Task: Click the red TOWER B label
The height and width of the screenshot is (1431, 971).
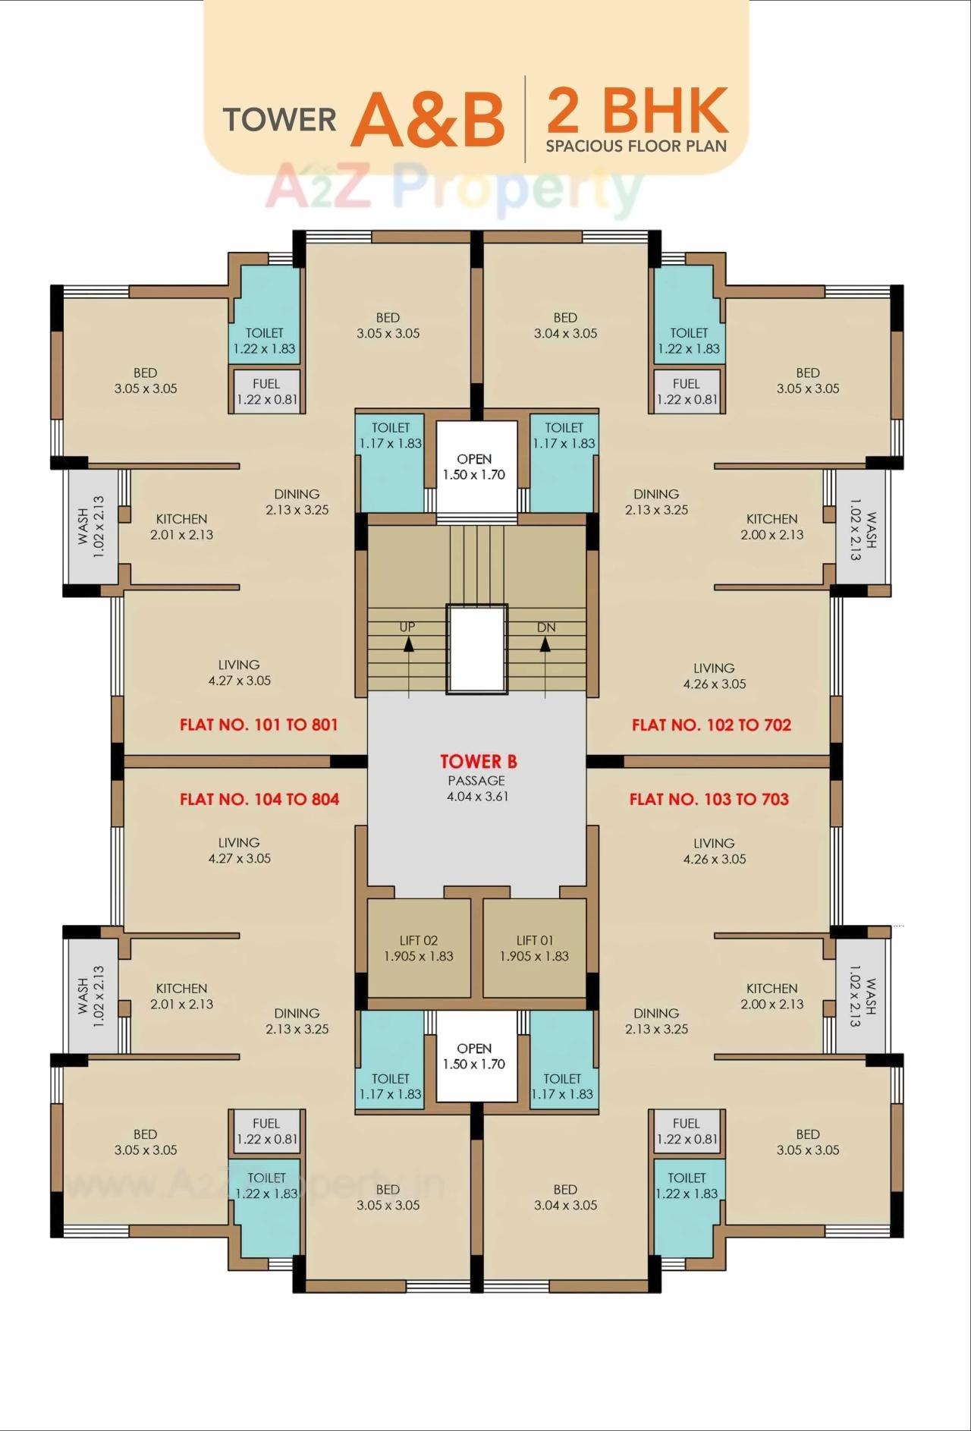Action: point(478,762)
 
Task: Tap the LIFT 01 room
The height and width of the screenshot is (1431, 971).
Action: point(534,948)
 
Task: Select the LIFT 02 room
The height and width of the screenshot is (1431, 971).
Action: point(419,948)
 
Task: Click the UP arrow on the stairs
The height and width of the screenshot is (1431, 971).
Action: point(408,643)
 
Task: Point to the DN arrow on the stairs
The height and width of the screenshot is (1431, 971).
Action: point(545,643)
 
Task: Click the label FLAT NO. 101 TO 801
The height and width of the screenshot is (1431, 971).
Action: point(259,725)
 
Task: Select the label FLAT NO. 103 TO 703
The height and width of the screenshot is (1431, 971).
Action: point(709,799)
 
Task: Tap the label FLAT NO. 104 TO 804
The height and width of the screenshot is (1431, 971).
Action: point(259,799)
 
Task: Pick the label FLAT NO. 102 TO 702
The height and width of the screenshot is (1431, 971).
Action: point(712,725)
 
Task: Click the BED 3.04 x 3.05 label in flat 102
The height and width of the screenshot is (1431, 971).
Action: point(565,326)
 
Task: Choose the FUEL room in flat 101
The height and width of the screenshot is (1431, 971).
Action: point(266,392)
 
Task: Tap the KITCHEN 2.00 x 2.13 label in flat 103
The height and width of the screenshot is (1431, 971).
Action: point(771,995)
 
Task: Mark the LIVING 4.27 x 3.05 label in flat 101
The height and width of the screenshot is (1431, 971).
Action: point(239,672)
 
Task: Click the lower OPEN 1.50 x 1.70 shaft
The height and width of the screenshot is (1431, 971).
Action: point(475,1056)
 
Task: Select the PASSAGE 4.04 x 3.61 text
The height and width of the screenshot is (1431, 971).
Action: point(477,788)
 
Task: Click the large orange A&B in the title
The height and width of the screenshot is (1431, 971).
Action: point(427,120)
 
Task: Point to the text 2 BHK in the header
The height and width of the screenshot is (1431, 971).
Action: point(637,111)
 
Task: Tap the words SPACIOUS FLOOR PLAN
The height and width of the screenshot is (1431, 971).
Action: point(636,146)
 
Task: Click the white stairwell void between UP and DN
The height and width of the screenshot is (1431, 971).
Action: point(476,649)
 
